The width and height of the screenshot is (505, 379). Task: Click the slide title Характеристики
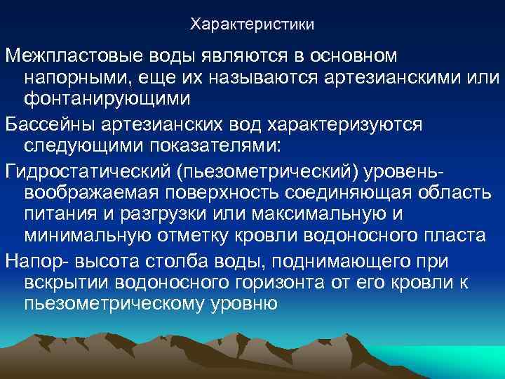[252, 25]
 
